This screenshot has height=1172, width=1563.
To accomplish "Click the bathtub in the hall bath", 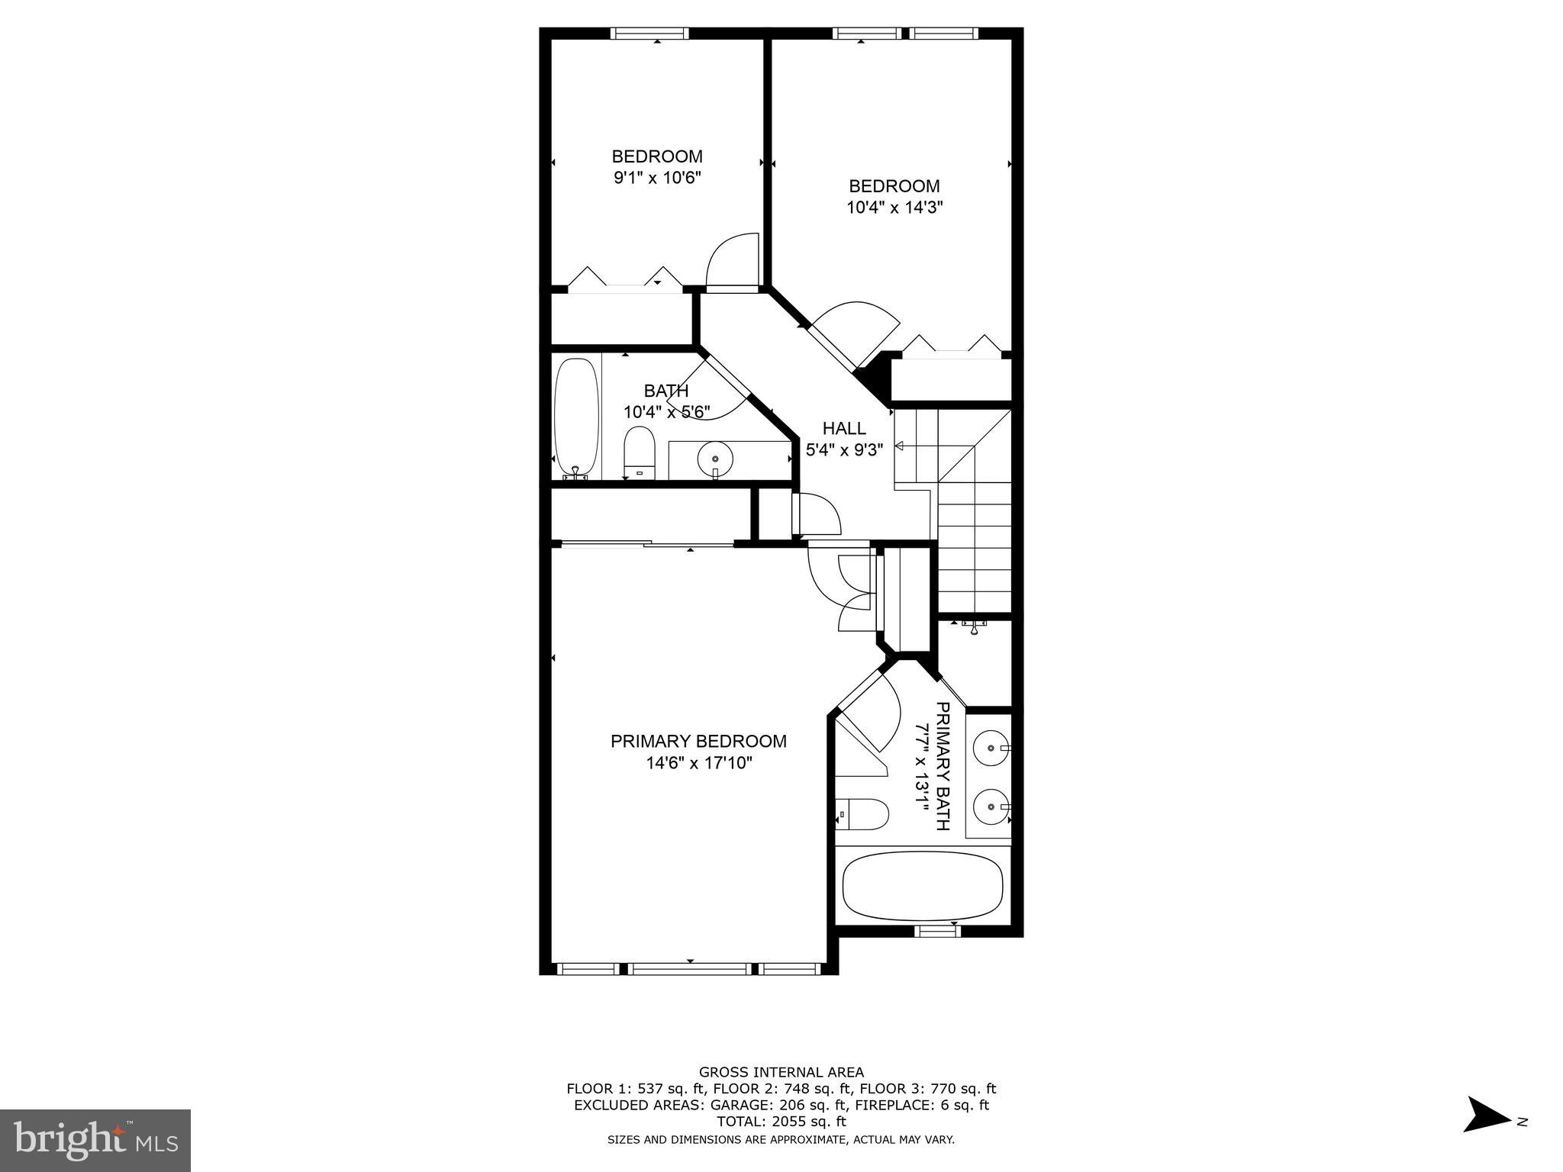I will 576,417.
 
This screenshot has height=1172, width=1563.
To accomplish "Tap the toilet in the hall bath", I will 640,452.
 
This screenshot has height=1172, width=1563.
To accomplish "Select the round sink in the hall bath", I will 715,459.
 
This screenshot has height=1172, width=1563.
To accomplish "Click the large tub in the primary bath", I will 922,886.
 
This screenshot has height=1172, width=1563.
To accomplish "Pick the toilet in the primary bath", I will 862,815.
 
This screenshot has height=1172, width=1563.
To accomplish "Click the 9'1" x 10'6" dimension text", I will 656,178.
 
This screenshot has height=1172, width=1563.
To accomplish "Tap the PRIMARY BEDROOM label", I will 698,741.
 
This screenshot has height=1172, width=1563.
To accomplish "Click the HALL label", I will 844,429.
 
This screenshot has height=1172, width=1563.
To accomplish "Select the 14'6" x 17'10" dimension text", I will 698,763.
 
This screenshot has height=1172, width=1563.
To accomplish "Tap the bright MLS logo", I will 95,1140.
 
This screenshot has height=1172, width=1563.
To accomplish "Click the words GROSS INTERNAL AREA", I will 781,1072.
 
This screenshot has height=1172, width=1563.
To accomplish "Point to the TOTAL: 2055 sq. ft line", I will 781,1122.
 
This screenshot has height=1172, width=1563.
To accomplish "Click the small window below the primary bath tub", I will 937,930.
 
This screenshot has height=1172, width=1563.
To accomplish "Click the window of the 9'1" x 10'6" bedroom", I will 649,34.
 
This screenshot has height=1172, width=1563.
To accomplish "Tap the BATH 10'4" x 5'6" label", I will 666,401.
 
